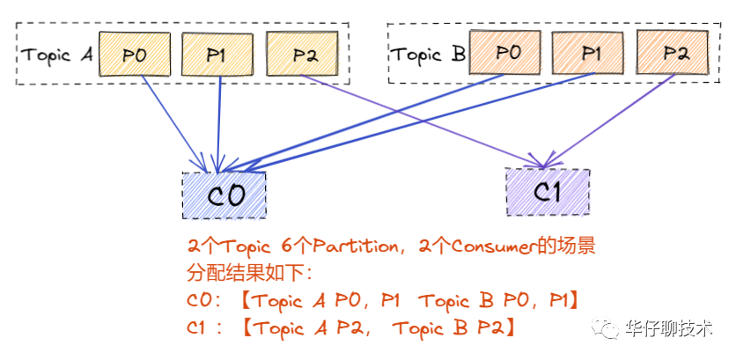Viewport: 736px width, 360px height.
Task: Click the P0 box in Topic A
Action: tap(135, 54)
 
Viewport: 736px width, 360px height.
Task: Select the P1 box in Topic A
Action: tap(217, 54)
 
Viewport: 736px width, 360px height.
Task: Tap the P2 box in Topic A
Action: tap(302, 55)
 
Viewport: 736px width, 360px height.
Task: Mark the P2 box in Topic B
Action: tap(674, 53)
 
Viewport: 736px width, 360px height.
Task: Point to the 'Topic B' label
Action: tap(428, 54)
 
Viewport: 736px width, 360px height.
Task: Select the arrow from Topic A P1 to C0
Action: tap(218, 123)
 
